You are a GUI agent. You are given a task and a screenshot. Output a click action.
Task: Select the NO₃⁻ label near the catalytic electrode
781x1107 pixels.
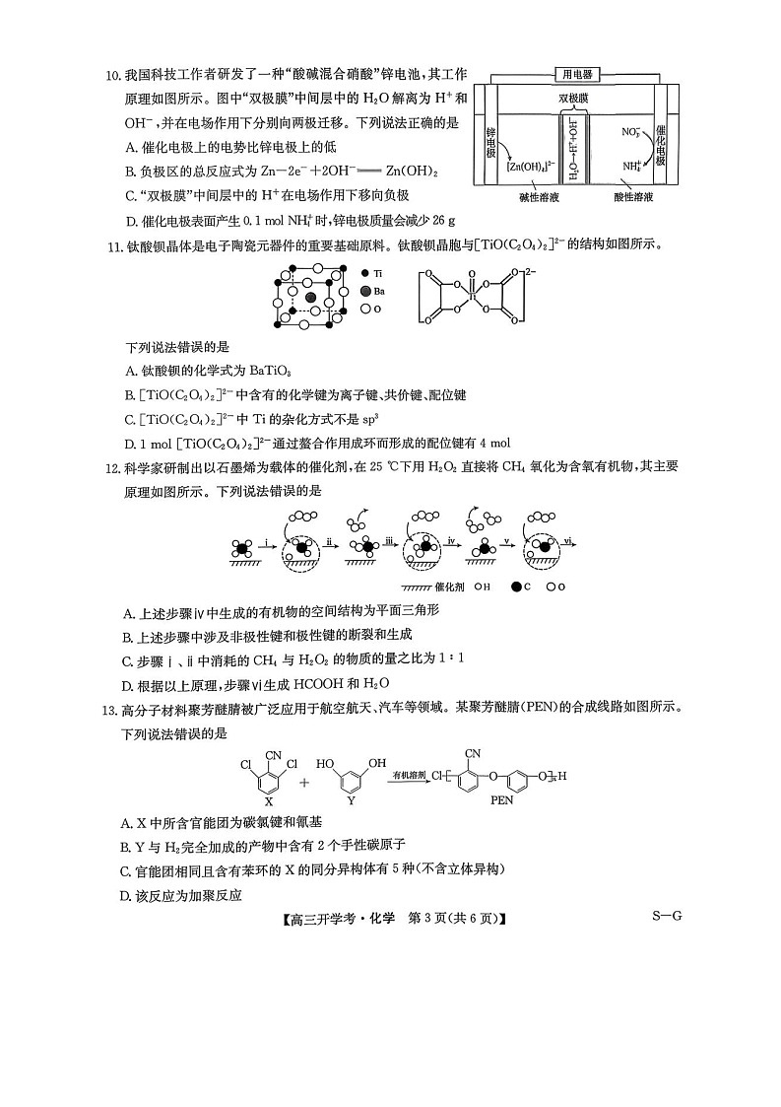click(x=631, y=130)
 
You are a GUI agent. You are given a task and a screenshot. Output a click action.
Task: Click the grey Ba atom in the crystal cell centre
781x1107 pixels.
click(x=311, y=296)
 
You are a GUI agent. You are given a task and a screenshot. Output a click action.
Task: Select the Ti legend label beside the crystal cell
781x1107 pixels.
click(x=379, y=271)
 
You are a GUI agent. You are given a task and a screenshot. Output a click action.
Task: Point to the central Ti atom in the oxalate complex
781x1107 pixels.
click(x=472, y=295)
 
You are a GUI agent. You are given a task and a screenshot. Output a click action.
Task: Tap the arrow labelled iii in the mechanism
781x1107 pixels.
click(x=390, y=542)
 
